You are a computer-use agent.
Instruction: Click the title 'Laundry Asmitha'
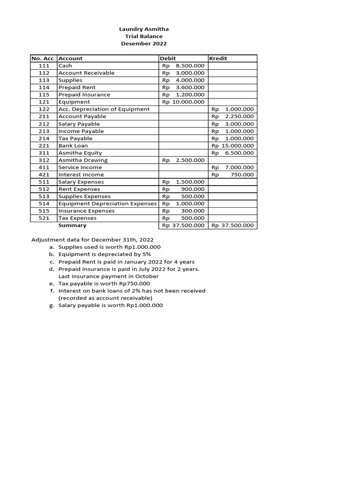click(x=144, y=29)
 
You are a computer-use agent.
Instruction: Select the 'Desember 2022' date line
click(x=144, y=44)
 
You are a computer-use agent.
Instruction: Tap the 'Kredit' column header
click(x=219, y=59)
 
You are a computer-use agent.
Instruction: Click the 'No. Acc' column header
click(x=43, y=59)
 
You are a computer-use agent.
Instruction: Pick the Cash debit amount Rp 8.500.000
click(x=183, y=66)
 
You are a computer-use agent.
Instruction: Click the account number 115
click(x=44, y=95)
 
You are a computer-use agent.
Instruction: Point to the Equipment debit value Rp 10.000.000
click(x=183, y=102)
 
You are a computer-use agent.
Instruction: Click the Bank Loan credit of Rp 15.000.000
click(x=233, y=146)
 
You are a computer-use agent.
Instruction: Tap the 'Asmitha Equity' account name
click(x=80, y=153)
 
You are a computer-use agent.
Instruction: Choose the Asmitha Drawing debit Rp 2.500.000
click(x=183, y=160)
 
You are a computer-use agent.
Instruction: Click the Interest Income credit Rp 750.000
click(x=233, y=174)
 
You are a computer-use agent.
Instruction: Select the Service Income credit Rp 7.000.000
click(x=233, y=167)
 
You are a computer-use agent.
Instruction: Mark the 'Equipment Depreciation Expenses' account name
click(x=107, y=203)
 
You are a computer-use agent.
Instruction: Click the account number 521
click(x=44, y=218)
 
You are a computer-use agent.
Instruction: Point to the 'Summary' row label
click(x=72, y=225)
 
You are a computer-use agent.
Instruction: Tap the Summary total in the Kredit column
click(x=233, y=225)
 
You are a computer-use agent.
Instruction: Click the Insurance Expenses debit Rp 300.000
click(x=183, y=211)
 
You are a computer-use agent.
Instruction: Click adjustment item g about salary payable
click(x=110, y=305)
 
